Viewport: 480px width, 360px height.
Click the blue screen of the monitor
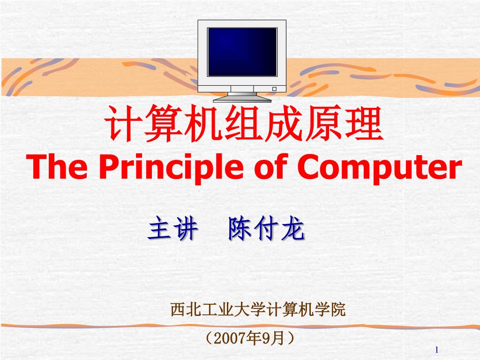click(x=242, y=52)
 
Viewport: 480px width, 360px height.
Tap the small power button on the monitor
click(x=274, y=89)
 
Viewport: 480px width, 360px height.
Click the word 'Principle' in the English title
click(x=167, y=168)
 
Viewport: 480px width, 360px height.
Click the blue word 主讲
click(x=172, y=229)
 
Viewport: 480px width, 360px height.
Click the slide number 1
click(x=436, y=350)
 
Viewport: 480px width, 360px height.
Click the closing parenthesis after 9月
click(x=291, y=338)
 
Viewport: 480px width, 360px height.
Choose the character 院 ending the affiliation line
click(x=338, y=310)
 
